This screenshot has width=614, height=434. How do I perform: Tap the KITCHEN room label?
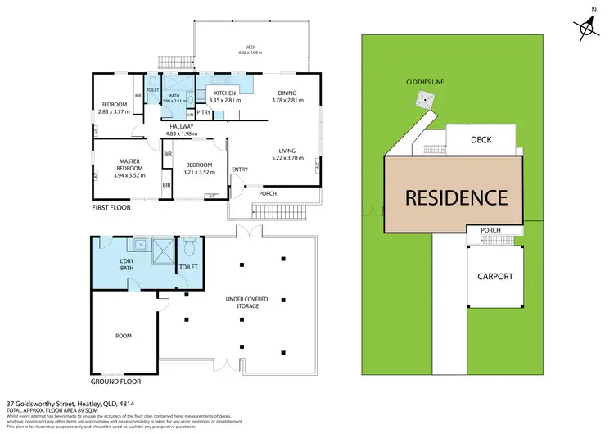[224, 94]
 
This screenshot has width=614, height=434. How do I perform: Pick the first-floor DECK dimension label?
[251, 49]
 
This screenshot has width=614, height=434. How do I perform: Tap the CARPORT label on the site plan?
[495, 276]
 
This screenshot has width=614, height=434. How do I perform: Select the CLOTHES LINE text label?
[425, 82]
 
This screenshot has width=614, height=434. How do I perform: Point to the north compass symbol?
[587, 29]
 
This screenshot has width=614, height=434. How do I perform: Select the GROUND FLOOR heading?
[115, 382]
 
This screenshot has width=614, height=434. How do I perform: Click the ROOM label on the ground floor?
[124, 336]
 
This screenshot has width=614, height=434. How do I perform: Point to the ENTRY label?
[240, 170]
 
